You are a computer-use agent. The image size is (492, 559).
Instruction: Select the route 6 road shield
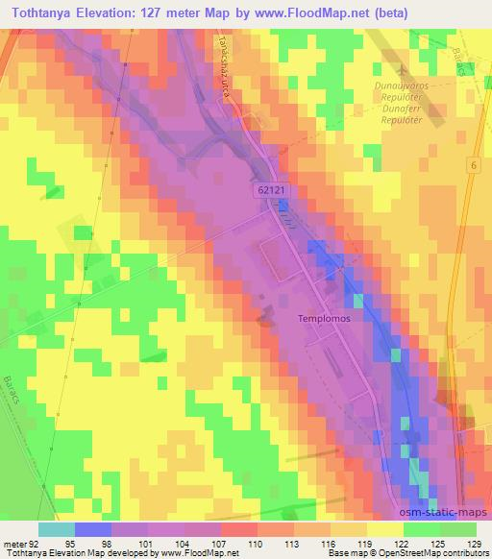click(x=474, y=166)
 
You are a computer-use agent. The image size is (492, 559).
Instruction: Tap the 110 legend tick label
click(x=256, y=544)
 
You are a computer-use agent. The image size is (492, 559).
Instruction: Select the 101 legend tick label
click(x=147, y=544)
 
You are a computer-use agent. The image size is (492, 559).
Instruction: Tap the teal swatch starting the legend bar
click(x=57, y=529)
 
